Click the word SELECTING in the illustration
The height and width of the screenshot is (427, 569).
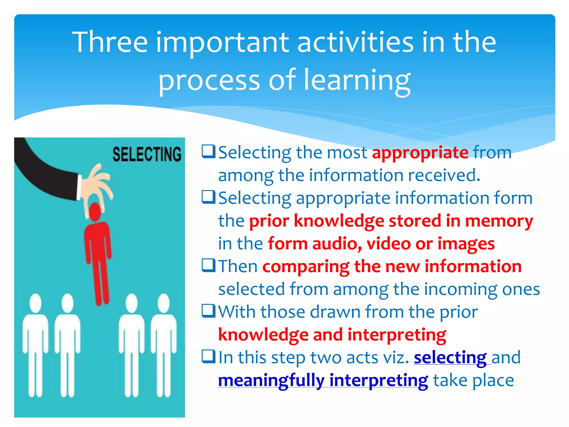[x=147, y=154]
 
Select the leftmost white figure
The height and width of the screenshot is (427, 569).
[x=35, y=345]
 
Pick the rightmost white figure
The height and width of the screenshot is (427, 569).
[x=164, y=345]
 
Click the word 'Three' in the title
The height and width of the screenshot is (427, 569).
[x=110, y=42]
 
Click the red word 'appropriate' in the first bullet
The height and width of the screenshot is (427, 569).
[x=420, y=153]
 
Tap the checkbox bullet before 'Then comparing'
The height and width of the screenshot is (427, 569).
[x=208, y=265]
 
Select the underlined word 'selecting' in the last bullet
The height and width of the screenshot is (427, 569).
[x=450, y=358]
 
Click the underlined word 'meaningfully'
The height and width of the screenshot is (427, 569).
[x=271, y=380]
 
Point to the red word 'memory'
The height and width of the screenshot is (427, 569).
[x=499, y=221]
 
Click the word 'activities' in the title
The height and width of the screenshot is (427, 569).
[x=356, y=42]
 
